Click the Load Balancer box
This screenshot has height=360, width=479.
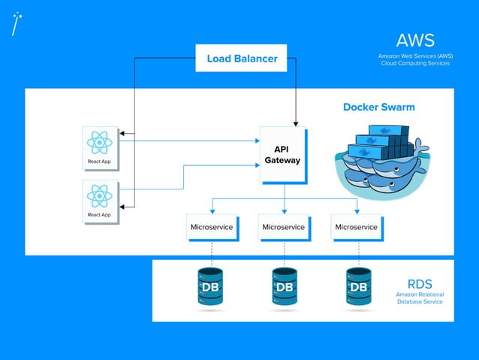241,58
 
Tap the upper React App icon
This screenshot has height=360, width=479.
99,143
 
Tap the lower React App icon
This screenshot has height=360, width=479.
99,197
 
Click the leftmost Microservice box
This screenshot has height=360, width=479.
212,227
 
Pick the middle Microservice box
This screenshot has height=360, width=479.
284,227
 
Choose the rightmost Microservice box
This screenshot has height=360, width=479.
356,227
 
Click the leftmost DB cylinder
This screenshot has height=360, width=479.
211,288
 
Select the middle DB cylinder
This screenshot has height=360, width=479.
285,288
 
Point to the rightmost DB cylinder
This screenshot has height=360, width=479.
358,288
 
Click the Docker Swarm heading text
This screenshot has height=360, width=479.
378,107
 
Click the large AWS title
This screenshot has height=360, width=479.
415,41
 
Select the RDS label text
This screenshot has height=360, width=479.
419,283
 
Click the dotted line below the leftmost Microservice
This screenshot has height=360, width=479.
212,252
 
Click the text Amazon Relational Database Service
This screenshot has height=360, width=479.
419,298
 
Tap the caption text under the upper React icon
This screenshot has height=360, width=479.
99,162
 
